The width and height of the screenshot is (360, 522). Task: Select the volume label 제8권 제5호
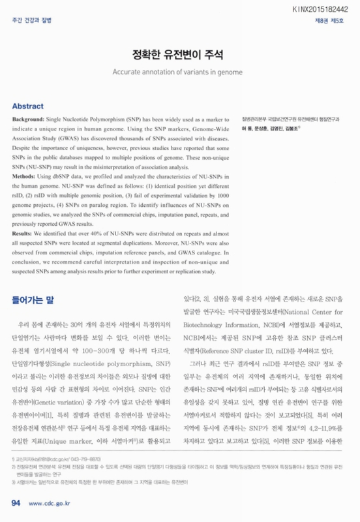[x=333, y=21]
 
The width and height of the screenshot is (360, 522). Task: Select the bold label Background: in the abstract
[x=28, y=122]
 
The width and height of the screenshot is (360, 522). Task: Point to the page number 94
[x=16, y=503]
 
